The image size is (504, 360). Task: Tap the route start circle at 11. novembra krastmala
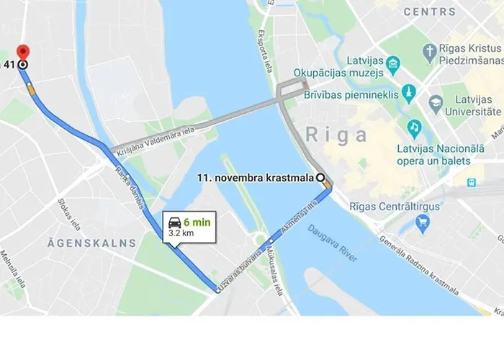click(x=320, y=177)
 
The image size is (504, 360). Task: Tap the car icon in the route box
click(x=175, y=222)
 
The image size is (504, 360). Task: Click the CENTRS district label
click(x=430, y=12)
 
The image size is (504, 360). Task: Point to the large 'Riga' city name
click(x=336, y=134)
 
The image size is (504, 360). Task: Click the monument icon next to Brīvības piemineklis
click(x=408, y=92)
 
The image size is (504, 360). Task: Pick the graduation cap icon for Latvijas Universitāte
click(x=436, y=104)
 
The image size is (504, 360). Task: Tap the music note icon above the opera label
click(x=414, y=127)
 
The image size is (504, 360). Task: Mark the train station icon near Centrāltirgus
click(x=472, y=182)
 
